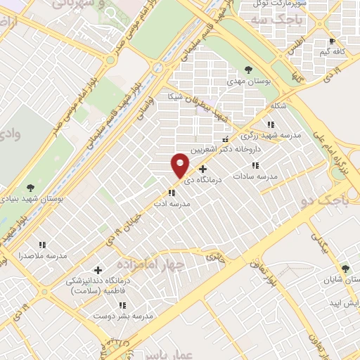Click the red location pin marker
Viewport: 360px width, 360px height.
click(180, 165)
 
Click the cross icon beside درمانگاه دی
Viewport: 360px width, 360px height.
click(203, 169)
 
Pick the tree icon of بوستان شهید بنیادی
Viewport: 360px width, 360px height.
click(29, 188)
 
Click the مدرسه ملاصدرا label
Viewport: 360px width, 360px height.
click(43, 255)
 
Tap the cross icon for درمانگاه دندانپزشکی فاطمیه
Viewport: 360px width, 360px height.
click(97, 270)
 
